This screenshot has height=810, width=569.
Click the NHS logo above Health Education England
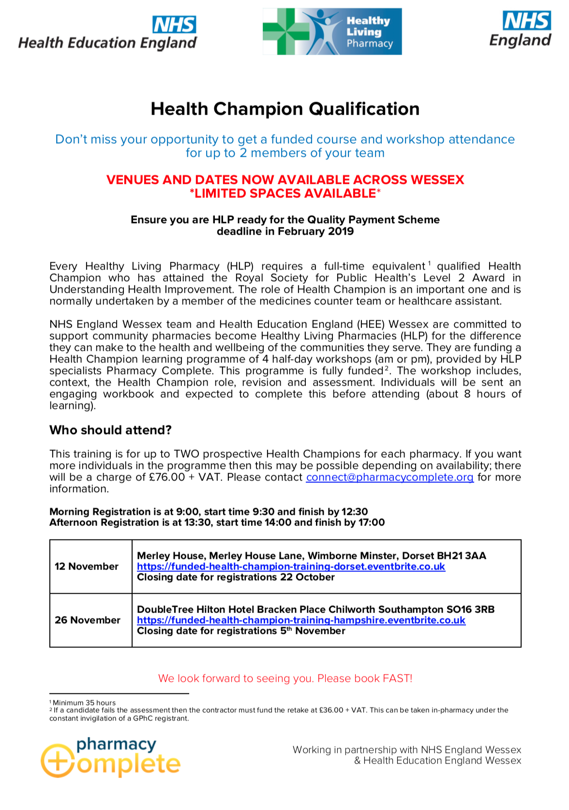pos(174,25)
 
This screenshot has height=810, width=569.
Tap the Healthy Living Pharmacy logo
pos(332,31)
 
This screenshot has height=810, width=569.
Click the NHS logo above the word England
pos(526,21)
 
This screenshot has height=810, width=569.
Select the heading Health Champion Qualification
pos(285,109)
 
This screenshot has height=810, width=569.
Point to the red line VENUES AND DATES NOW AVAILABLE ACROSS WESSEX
pos(285,180)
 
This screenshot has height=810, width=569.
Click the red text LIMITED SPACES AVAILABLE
pos(285,194)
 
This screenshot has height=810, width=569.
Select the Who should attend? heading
pos(110,430)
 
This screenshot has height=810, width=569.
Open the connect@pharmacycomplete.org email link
pos(389,478)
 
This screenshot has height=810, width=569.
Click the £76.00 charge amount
pos(167,478)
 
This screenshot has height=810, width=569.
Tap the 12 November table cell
pos(87,567)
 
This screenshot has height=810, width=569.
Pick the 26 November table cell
pos(88,620)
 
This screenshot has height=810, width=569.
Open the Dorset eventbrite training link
pos(291,567)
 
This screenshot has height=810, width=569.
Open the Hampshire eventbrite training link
pos(301,620)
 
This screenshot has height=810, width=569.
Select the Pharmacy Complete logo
pos(110,757)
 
